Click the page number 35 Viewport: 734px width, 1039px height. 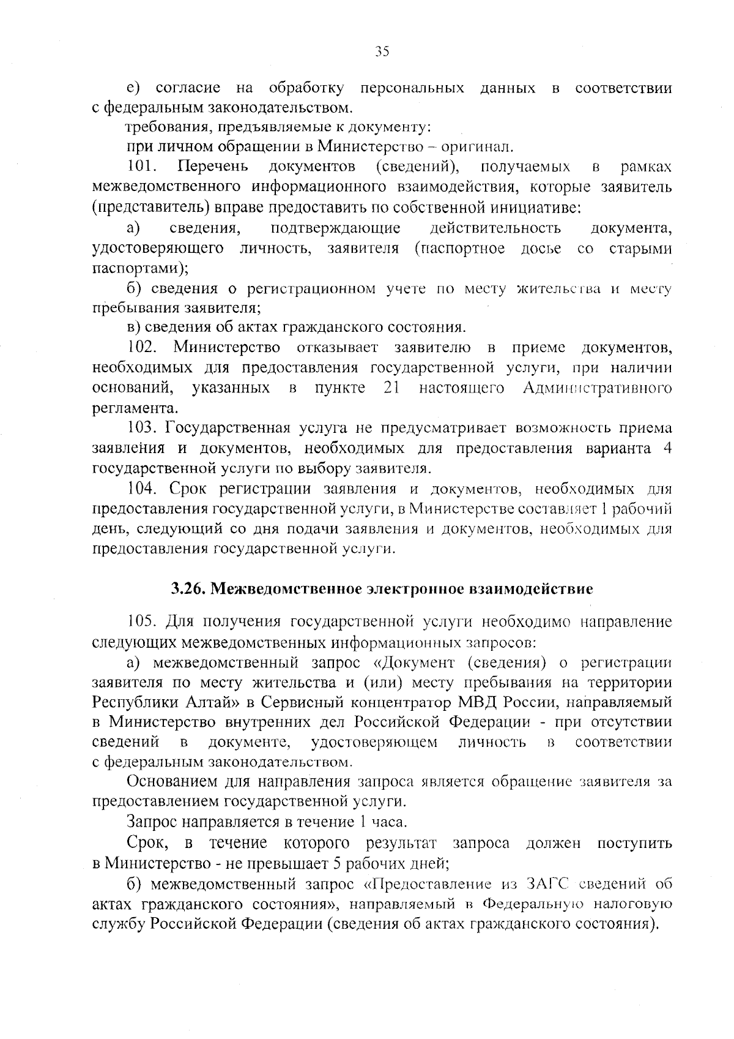click(382, 51)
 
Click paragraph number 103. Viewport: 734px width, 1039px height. click(143, 428)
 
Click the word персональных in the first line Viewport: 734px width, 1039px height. click(412, 88)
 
